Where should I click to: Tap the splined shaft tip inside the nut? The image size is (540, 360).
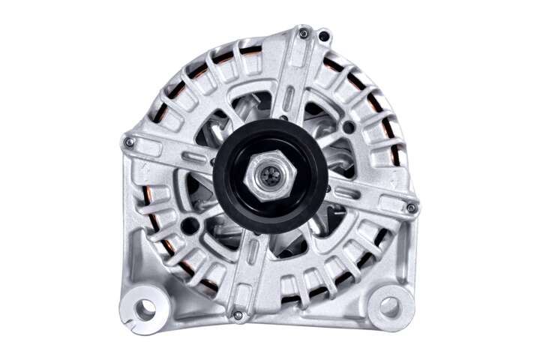[269, 177]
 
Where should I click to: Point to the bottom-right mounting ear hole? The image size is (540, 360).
[390, 305]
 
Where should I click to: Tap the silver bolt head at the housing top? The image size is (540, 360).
[303, 34]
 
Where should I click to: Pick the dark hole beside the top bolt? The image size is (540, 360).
[323, 35]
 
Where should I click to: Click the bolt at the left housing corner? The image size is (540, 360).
[130, 142]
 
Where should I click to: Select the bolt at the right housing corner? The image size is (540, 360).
[410, 208]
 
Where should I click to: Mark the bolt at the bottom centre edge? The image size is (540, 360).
[238, 315]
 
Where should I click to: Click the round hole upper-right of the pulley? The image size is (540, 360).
[348, 127]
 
